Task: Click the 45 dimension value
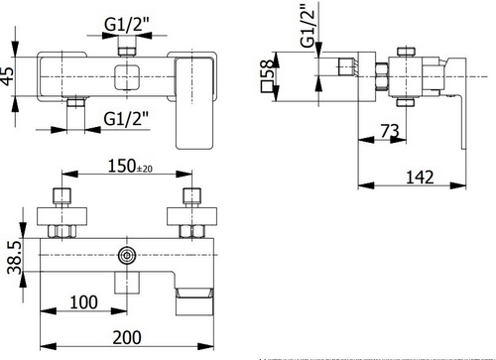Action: pos(8,76)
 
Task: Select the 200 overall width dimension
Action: pos(127,337)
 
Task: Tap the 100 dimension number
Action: pos(83,302)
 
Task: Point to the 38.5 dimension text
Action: pos(15,258)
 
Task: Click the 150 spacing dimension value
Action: pos(122,166)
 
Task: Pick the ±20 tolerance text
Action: pos(145,169)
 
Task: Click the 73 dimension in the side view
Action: pos(390,131)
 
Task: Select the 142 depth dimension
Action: pos(420,178)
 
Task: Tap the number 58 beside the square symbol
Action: pos(267,68)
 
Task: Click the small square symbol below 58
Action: pos(267,86)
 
